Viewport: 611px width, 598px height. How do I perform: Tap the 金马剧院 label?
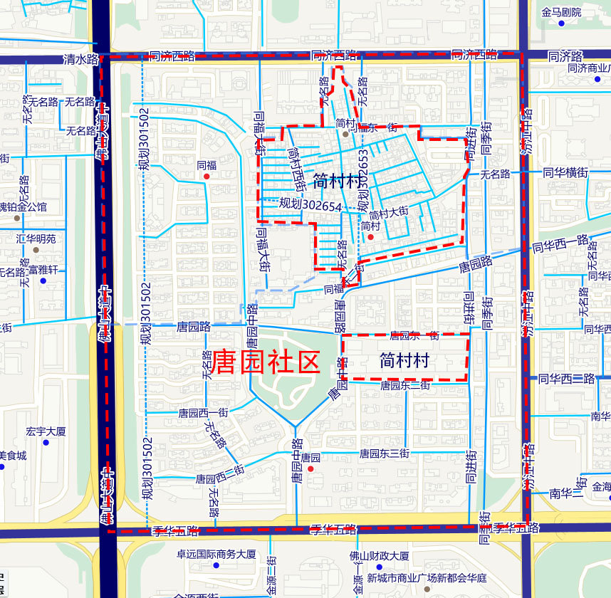pyautogui.click(x=561, y=12)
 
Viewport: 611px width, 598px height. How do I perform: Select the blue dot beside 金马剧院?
pyautogui.click(x=561, y=24)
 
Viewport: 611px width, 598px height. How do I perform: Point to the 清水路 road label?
pyautogui.click(x=80, y=60)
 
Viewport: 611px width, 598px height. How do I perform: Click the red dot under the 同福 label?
pyautogui.click(x=207, y=176)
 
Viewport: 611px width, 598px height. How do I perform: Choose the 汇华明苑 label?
pyautogui.click(x=36, y=238)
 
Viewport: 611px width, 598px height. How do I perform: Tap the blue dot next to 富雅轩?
pyautogui.click(x=43, y=281)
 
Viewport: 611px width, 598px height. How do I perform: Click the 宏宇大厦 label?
pyautogui.click(x=46, y=431)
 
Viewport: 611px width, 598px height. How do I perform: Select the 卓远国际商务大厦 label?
pyautogui.click(x=216, y=555)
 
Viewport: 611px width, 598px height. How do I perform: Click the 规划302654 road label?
pyautogui.click(x=310, y=204)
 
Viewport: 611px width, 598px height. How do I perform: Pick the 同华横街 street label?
pyautogui.click(x=565, y=172)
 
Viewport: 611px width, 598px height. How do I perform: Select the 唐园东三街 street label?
pyautogui.click(x=385, y=453)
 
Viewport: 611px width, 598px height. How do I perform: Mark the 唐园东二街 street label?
pyautogui.click(x=404, y=386)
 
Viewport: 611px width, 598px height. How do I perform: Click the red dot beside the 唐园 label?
pyautogui.click(x=310, y=469)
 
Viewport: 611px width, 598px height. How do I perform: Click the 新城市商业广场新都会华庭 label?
pyautogui.click(x=427, y=577)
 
